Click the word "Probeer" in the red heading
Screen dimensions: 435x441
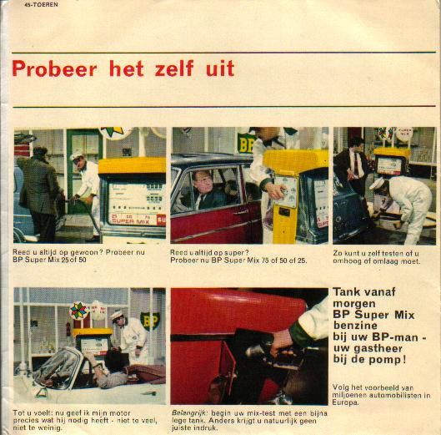point(55,69)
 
